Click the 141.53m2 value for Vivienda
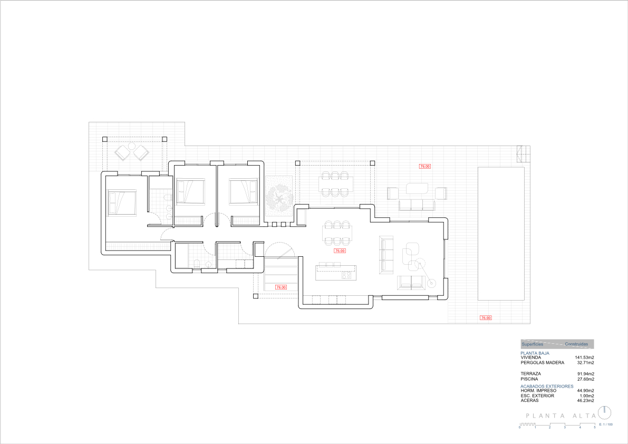584,358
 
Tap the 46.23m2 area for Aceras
585,400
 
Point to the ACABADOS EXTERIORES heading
546,386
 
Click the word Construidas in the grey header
576,344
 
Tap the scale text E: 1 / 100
606,424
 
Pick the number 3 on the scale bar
565,427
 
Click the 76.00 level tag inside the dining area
340,251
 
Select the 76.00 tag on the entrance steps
281,287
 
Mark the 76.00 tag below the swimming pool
485,317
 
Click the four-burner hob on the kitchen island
346,274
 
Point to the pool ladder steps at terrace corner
521,153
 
